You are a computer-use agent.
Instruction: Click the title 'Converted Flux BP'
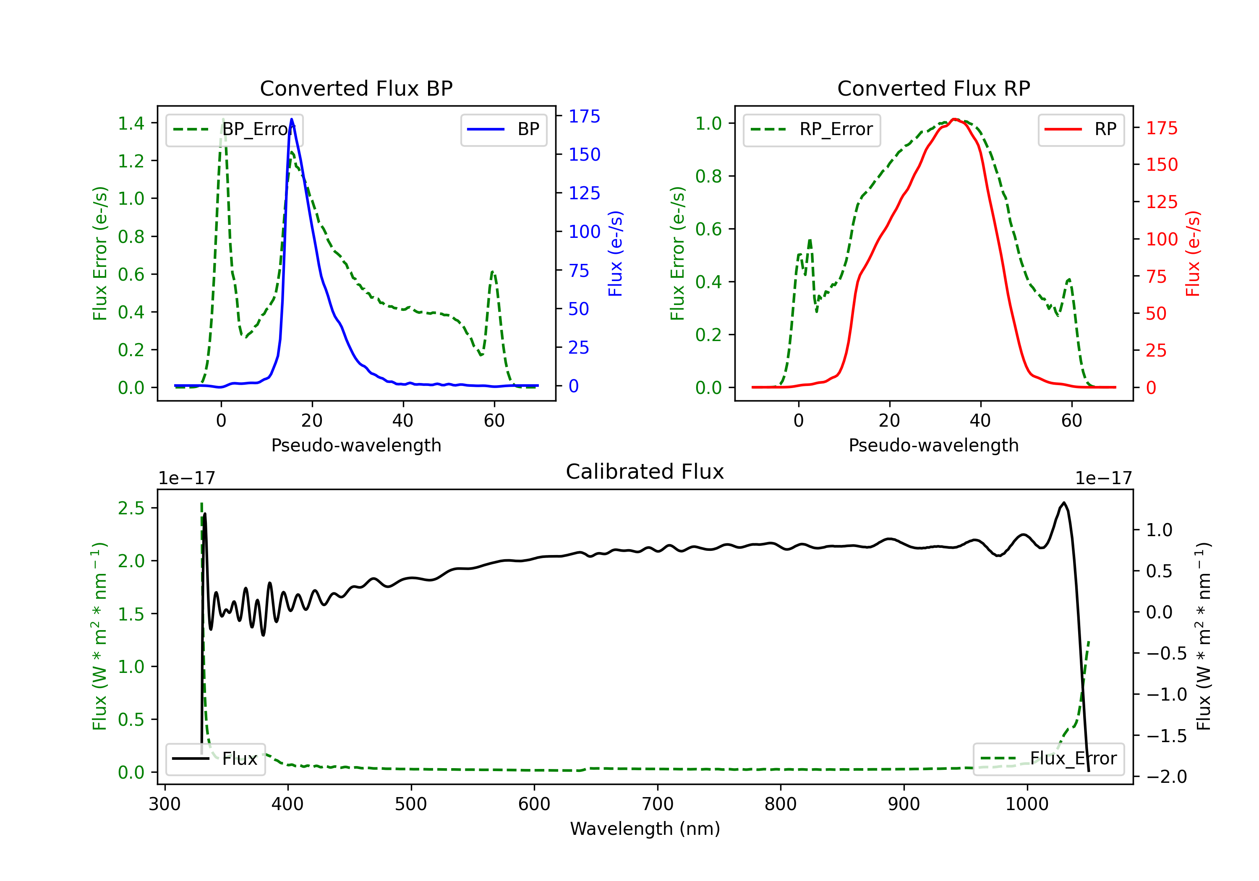356,88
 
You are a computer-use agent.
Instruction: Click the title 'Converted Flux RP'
933,88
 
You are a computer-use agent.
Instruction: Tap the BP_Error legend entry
235,129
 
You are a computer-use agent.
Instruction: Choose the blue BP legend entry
503,129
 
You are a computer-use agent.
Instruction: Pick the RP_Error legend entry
812,129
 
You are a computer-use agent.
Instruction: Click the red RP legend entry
1081,129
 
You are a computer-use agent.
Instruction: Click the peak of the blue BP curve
291,119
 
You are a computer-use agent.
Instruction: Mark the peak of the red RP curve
955,119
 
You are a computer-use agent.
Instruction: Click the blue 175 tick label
584,116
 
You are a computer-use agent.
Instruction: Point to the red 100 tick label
1161,239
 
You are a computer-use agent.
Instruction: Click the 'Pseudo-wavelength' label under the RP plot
933,445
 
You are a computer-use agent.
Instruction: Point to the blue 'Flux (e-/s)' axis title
615,253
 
